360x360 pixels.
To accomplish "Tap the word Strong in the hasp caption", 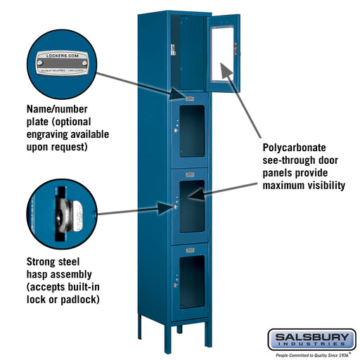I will point(44,261).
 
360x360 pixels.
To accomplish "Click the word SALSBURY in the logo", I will point(310,337).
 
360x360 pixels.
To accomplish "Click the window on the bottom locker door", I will point(191,281).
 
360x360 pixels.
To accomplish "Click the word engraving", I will point(53,134).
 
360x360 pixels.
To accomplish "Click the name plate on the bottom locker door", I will point(190,248).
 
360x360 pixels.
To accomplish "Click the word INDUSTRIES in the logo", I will point(310,346).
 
